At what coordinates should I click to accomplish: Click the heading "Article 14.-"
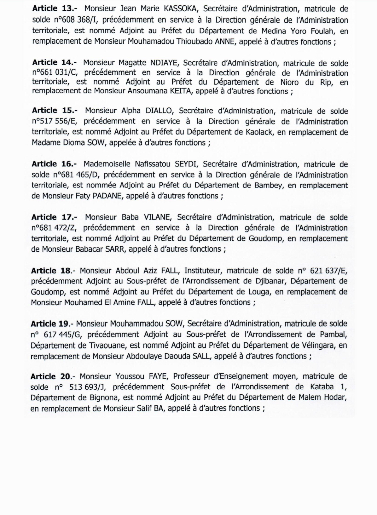54,63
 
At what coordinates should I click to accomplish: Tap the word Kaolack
259,132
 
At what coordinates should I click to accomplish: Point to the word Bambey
268,185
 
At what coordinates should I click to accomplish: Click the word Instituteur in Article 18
204,270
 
